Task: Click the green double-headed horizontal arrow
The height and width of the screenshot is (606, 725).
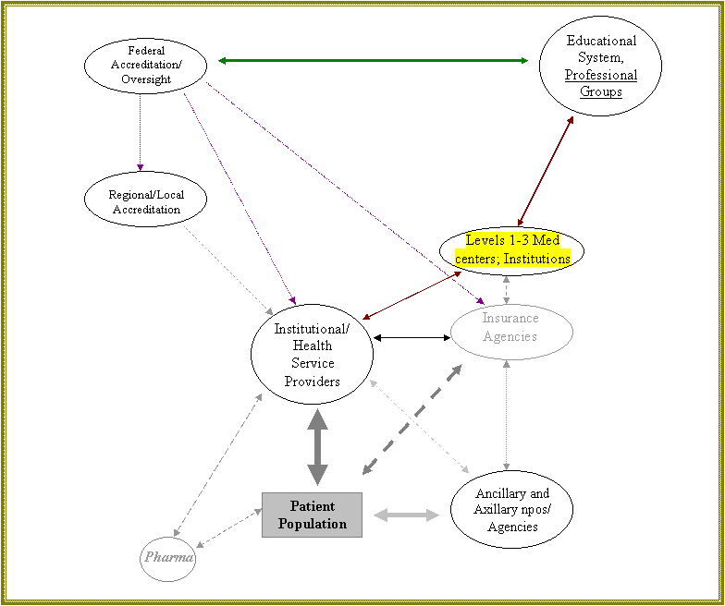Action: [373, 61]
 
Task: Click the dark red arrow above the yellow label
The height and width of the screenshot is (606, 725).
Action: [546, 171]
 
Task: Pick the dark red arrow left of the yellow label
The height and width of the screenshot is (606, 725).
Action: [412, 295]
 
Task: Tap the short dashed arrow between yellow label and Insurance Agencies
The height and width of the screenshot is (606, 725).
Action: [506, 289]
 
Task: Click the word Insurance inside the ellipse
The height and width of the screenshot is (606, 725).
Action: [510, 319]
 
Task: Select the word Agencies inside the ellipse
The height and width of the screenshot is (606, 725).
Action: [510, 336]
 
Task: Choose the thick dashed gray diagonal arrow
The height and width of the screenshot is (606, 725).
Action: [412, 419]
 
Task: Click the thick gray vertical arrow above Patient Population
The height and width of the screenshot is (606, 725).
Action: [317, 447]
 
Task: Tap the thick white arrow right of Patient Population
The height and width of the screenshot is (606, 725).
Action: [406, 515]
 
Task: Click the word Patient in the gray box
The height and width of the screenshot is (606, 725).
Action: [313, 506]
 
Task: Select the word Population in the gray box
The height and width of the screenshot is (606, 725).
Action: [313, 524]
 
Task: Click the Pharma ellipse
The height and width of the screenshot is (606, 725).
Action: [167, 557]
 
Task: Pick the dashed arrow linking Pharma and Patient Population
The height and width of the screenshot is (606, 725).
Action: [229, 527]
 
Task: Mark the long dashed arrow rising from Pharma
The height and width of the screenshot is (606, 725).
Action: [217, 465]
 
